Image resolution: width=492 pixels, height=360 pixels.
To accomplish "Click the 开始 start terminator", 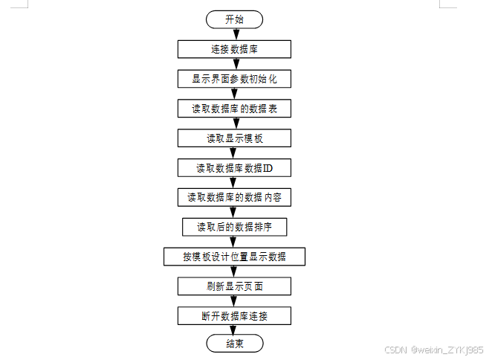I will click(234, 19).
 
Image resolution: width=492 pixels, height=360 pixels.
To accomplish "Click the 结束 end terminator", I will click(234, 344).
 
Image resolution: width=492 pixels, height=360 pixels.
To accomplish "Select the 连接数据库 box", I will click(234, 49).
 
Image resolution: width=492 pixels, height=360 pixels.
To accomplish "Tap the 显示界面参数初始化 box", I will click(234, 79).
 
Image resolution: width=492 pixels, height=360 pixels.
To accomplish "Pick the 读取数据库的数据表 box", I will click(234, 109).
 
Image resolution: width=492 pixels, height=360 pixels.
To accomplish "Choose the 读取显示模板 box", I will click(234, 138).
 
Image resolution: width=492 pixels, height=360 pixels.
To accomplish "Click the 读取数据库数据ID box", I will click(234, 168).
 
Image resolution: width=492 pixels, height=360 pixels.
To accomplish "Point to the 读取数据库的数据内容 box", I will click(234, 198).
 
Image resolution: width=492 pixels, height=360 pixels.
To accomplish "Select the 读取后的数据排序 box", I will click(234, 227).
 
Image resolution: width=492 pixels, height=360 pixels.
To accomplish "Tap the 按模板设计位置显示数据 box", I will click(234, 257).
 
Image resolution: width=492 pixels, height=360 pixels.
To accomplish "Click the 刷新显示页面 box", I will click(234, 286).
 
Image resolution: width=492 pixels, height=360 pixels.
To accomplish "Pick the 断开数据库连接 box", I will click(234, 316).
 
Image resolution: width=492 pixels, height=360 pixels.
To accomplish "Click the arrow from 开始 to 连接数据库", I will click(234, 34).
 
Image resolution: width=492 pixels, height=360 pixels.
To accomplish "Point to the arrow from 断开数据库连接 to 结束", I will click(234, 330).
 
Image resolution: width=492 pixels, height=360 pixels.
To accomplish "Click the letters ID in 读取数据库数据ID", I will click(268, 168).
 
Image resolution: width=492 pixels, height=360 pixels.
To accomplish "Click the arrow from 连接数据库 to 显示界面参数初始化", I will click(234, 64).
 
